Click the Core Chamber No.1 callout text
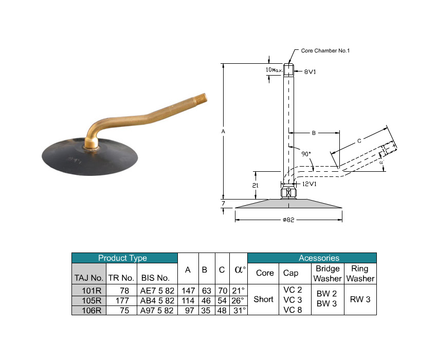click(325, 51)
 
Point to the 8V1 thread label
click(310, 71)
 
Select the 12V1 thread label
click(309, 184)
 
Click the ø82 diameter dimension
click(288, 220)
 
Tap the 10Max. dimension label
click(274, 70)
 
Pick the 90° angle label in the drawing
click(306, 154)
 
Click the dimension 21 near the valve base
click(256, 186)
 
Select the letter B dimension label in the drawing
click(314, 133)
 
